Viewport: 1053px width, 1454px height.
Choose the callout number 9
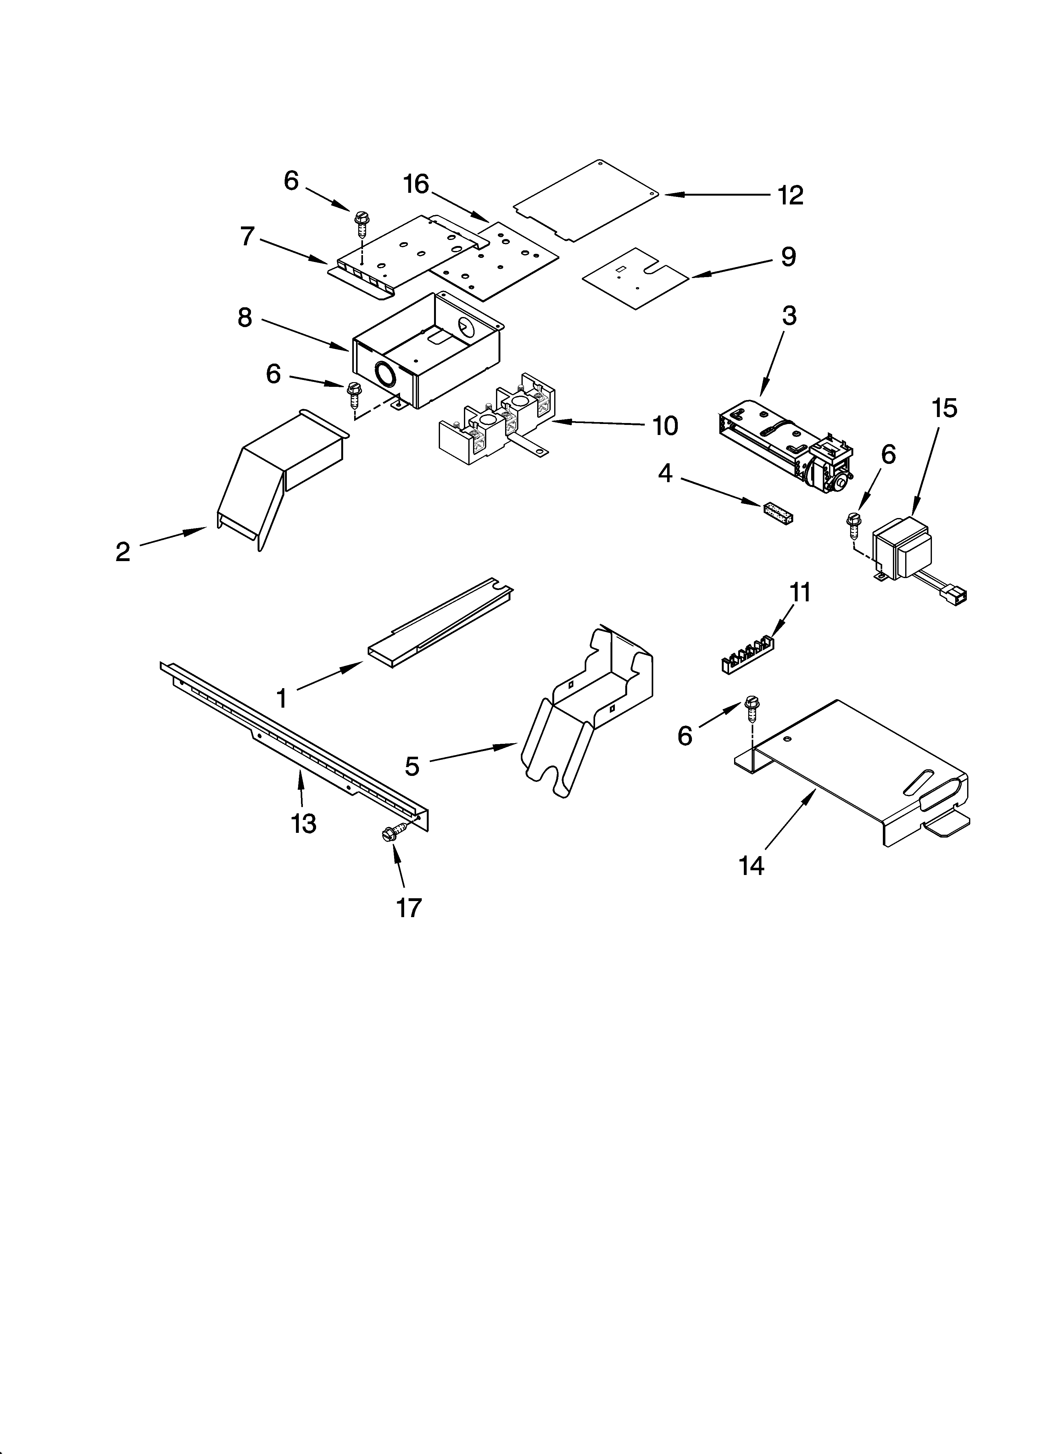[x=788, y=257]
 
